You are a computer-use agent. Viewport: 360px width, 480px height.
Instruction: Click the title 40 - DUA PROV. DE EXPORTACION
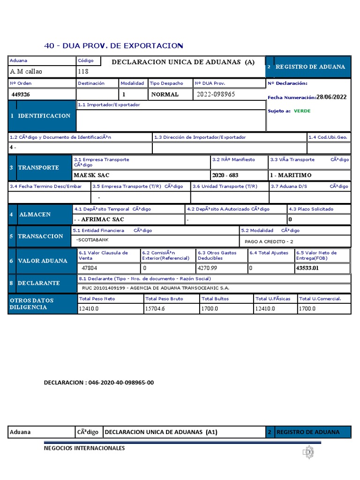tap(113, 45)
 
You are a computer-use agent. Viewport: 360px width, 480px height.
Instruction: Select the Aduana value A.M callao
tap(26, 72)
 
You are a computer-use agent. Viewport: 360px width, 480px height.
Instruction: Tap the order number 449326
tap(22, 94)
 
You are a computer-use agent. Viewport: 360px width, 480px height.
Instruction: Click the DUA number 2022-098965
tap(216, 94)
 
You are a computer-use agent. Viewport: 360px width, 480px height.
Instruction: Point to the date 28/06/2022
tap(331, 97)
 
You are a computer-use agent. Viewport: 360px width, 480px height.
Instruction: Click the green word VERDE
tap(302, 111)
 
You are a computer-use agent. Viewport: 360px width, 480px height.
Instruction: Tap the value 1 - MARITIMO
tap(291, 175)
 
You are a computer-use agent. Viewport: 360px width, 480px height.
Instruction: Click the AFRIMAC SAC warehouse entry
tap(100, 219)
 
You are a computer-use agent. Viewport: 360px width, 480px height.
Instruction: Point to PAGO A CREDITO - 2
tap(269, 242)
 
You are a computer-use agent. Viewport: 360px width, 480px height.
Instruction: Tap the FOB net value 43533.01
tap(307, 269)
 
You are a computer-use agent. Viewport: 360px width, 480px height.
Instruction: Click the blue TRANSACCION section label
tap(40, 236)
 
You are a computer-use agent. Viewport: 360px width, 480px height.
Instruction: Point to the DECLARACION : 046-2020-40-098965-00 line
tap(99, 382)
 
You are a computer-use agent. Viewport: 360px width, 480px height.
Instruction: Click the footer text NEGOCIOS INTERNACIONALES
tap(84, 448)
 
